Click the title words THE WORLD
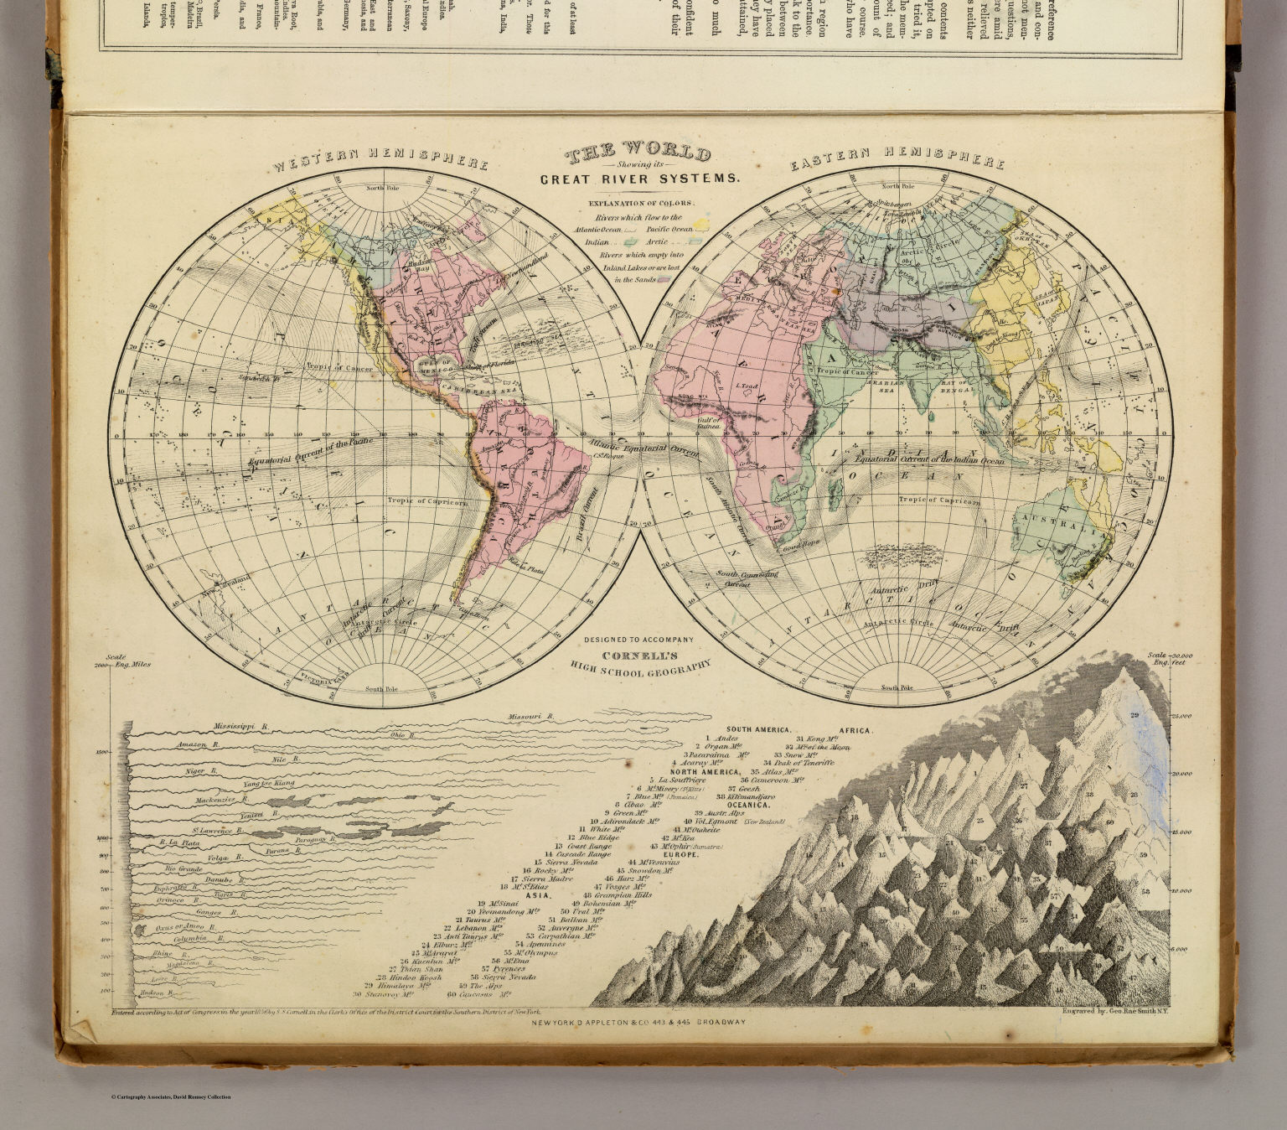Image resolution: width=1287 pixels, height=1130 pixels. [x=638, y=155]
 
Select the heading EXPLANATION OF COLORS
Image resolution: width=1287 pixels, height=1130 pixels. [x=640, y=204]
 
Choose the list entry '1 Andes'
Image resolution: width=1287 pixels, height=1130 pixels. [x=721, y=739]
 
